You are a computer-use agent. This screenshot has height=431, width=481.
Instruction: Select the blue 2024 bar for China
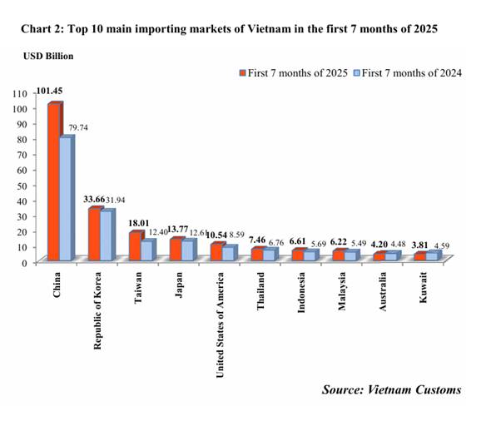click(67, 200)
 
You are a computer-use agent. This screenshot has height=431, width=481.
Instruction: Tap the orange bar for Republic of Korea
click(94, 235)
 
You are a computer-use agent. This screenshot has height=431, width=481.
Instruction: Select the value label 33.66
click(97, 200)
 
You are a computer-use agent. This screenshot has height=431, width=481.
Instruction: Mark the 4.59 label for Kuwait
click(441, 245)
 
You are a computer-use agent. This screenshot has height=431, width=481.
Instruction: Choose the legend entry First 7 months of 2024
click(407, 72)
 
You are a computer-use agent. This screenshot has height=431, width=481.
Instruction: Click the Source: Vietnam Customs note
click(390, 389)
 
